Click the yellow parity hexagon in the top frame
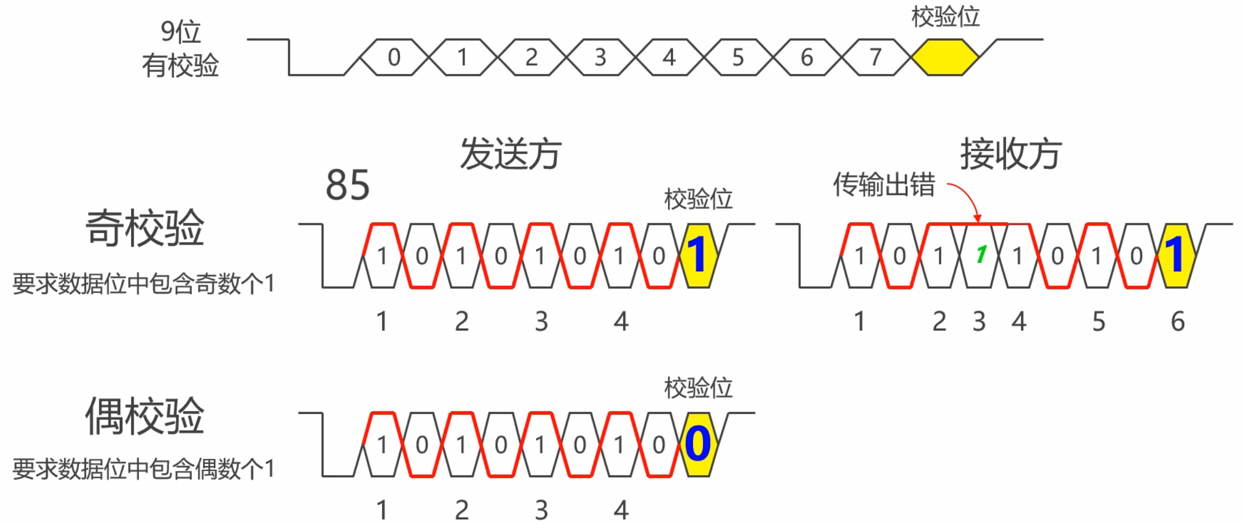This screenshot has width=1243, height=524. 945,57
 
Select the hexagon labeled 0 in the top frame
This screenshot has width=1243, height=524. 394,57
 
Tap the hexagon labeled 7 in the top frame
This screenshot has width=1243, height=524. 875,57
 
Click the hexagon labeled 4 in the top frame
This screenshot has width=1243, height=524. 669,57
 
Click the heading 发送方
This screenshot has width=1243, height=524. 511,154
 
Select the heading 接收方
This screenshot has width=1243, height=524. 1010,154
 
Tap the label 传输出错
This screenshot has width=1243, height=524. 884,185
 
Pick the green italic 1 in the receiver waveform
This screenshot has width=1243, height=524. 980,255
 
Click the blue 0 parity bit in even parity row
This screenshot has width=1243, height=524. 698,444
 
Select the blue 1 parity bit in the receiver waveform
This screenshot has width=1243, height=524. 1176,255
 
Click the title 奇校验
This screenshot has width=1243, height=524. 144,228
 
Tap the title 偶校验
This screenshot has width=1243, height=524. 144,416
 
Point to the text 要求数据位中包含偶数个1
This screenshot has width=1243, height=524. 143,469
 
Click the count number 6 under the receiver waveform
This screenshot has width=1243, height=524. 1178,322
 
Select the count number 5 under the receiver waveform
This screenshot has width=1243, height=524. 1099,322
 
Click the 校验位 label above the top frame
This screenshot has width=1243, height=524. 945,17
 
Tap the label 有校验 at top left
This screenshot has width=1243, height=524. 180,66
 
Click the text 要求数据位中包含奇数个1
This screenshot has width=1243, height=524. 143,283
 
